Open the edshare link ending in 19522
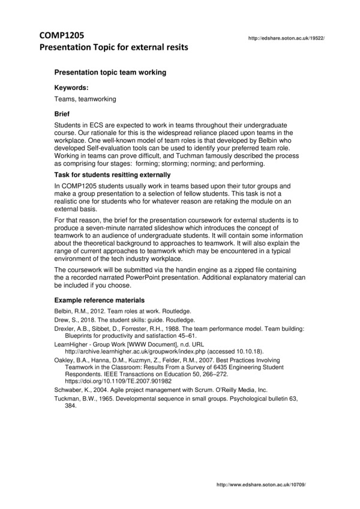pos(286,38)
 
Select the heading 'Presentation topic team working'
pos(110,72)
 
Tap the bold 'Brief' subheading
pos(62,113)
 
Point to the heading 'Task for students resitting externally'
pos(112,175)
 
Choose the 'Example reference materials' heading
pos(99,300)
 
